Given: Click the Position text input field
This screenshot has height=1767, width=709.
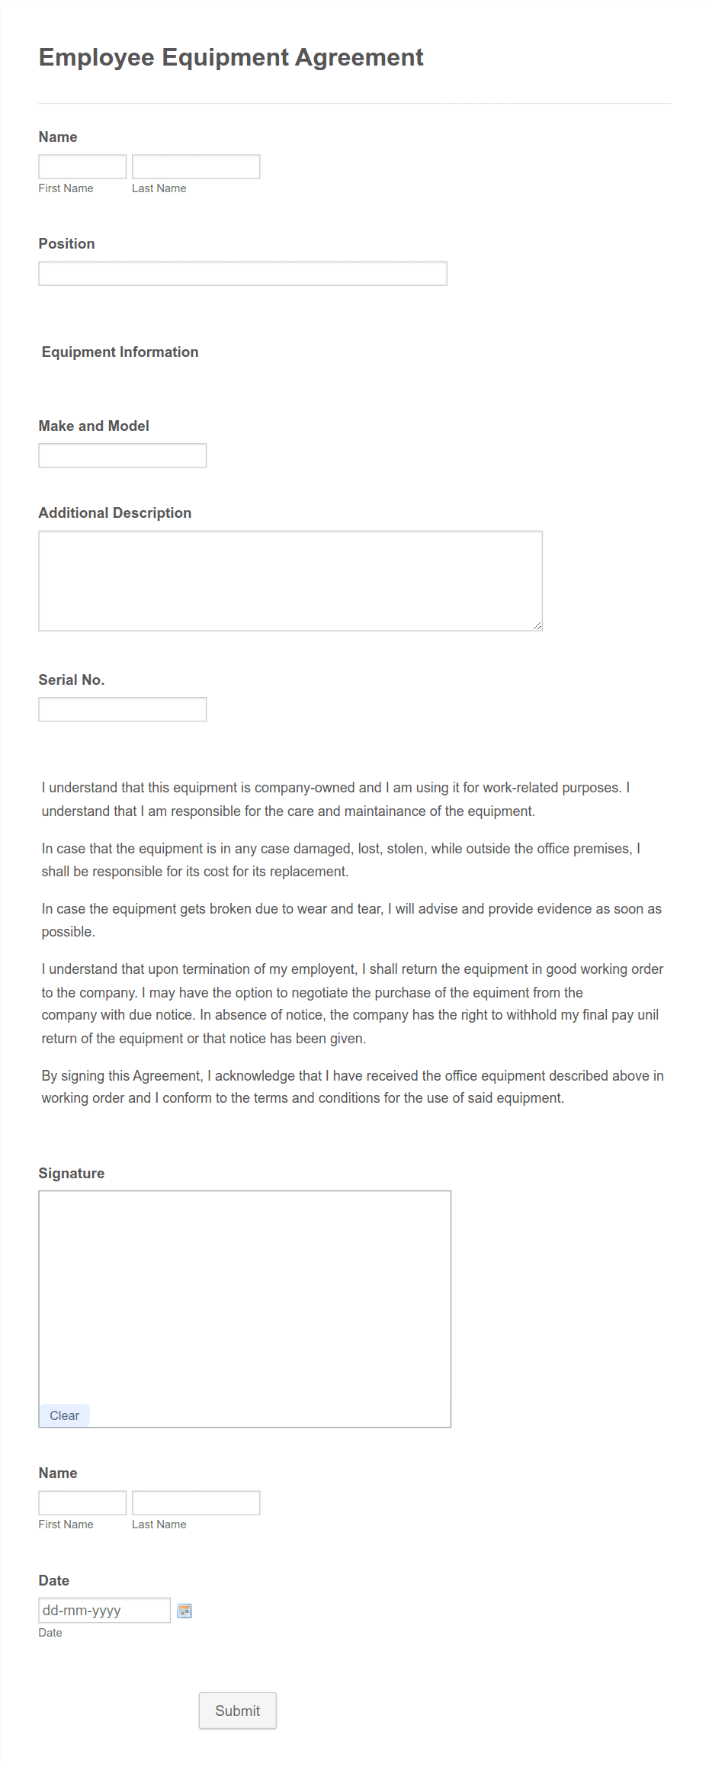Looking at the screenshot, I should click(x=242, y=274).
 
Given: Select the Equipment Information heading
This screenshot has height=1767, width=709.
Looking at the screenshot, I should click(x=120, y=352).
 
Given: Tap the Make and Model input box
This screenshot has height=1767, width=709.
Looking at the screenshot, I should click(x=122, y=455).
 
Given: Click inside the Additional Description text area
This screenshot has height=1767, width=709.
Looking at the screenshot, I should click(x=290, y=580).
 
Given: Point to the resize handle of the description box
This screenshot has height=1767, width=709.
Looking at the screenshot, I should click(x=537, y=626).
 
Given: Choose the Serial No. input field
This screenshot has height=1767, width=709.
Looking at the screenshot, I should click(x=122, y=709).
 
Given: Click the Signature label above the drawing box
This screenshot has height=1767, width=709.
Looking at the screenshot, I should click(x=72, y=1173).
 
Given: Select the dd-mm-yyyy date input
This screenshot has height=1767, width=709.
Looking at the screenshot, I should click(x=104, y=1610).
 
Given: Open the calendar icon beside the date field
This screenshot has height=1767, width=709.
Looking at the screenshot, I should click(x=184, y=1611).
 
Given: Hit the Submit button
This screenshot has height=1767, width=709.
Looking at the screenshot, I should click(x=237, y=1711).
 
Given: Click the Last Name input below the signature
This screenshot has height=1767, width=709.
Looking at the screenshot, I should click(x=196, y=1502).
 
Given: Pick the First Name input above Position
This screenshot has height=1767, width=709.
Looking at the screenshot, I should click(x=82, y=166).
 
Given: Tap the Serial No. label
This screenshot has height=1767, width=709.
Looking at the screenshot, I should click(x=72, y=679).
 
